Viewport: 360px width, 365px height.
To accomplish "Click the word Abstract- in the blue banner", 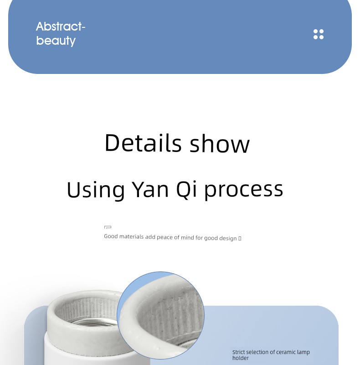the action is tap(61, 26).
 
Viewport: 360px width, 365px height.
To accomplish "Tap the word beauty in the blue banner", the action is tap(56, 41).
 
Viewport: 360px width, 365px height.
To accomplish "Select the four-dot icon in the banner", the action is tap(319, 34).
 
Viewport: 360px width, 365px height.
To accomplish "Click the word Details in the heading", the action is tap(143, 143).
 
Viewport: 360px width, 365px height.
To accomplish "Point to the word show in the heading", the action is tap(220, 144).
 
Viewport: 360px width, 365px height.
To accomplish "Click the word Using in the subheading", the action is tap(96, 190).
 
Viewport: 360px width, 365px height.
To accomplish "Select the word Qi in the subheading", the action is tap(186, 190).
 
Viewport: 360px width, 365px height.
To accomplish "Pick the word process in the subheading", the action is tap(244, 191).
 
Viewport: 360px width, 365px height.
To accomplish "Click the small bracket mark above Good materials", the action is tap(108, 227).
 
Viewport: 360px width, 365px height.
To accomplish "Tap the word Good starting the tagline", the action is tap(111, 236).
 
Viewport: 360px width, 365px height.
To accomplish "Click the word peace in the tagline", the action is tap(165, 237).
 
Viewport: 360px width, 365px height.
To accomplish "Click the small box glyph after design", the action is tap(240, 238).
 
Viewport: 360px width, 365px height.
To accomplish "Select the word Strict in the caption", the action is tap(238, 352).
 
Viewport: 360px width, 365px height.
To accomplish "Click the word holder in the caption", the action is tap(241, 358).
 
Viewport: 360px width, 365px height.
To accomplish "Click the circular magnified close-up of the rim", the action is tap(160, 315).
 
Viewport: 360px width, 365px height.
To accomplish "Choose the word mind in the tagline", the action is tap(187, 237).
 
